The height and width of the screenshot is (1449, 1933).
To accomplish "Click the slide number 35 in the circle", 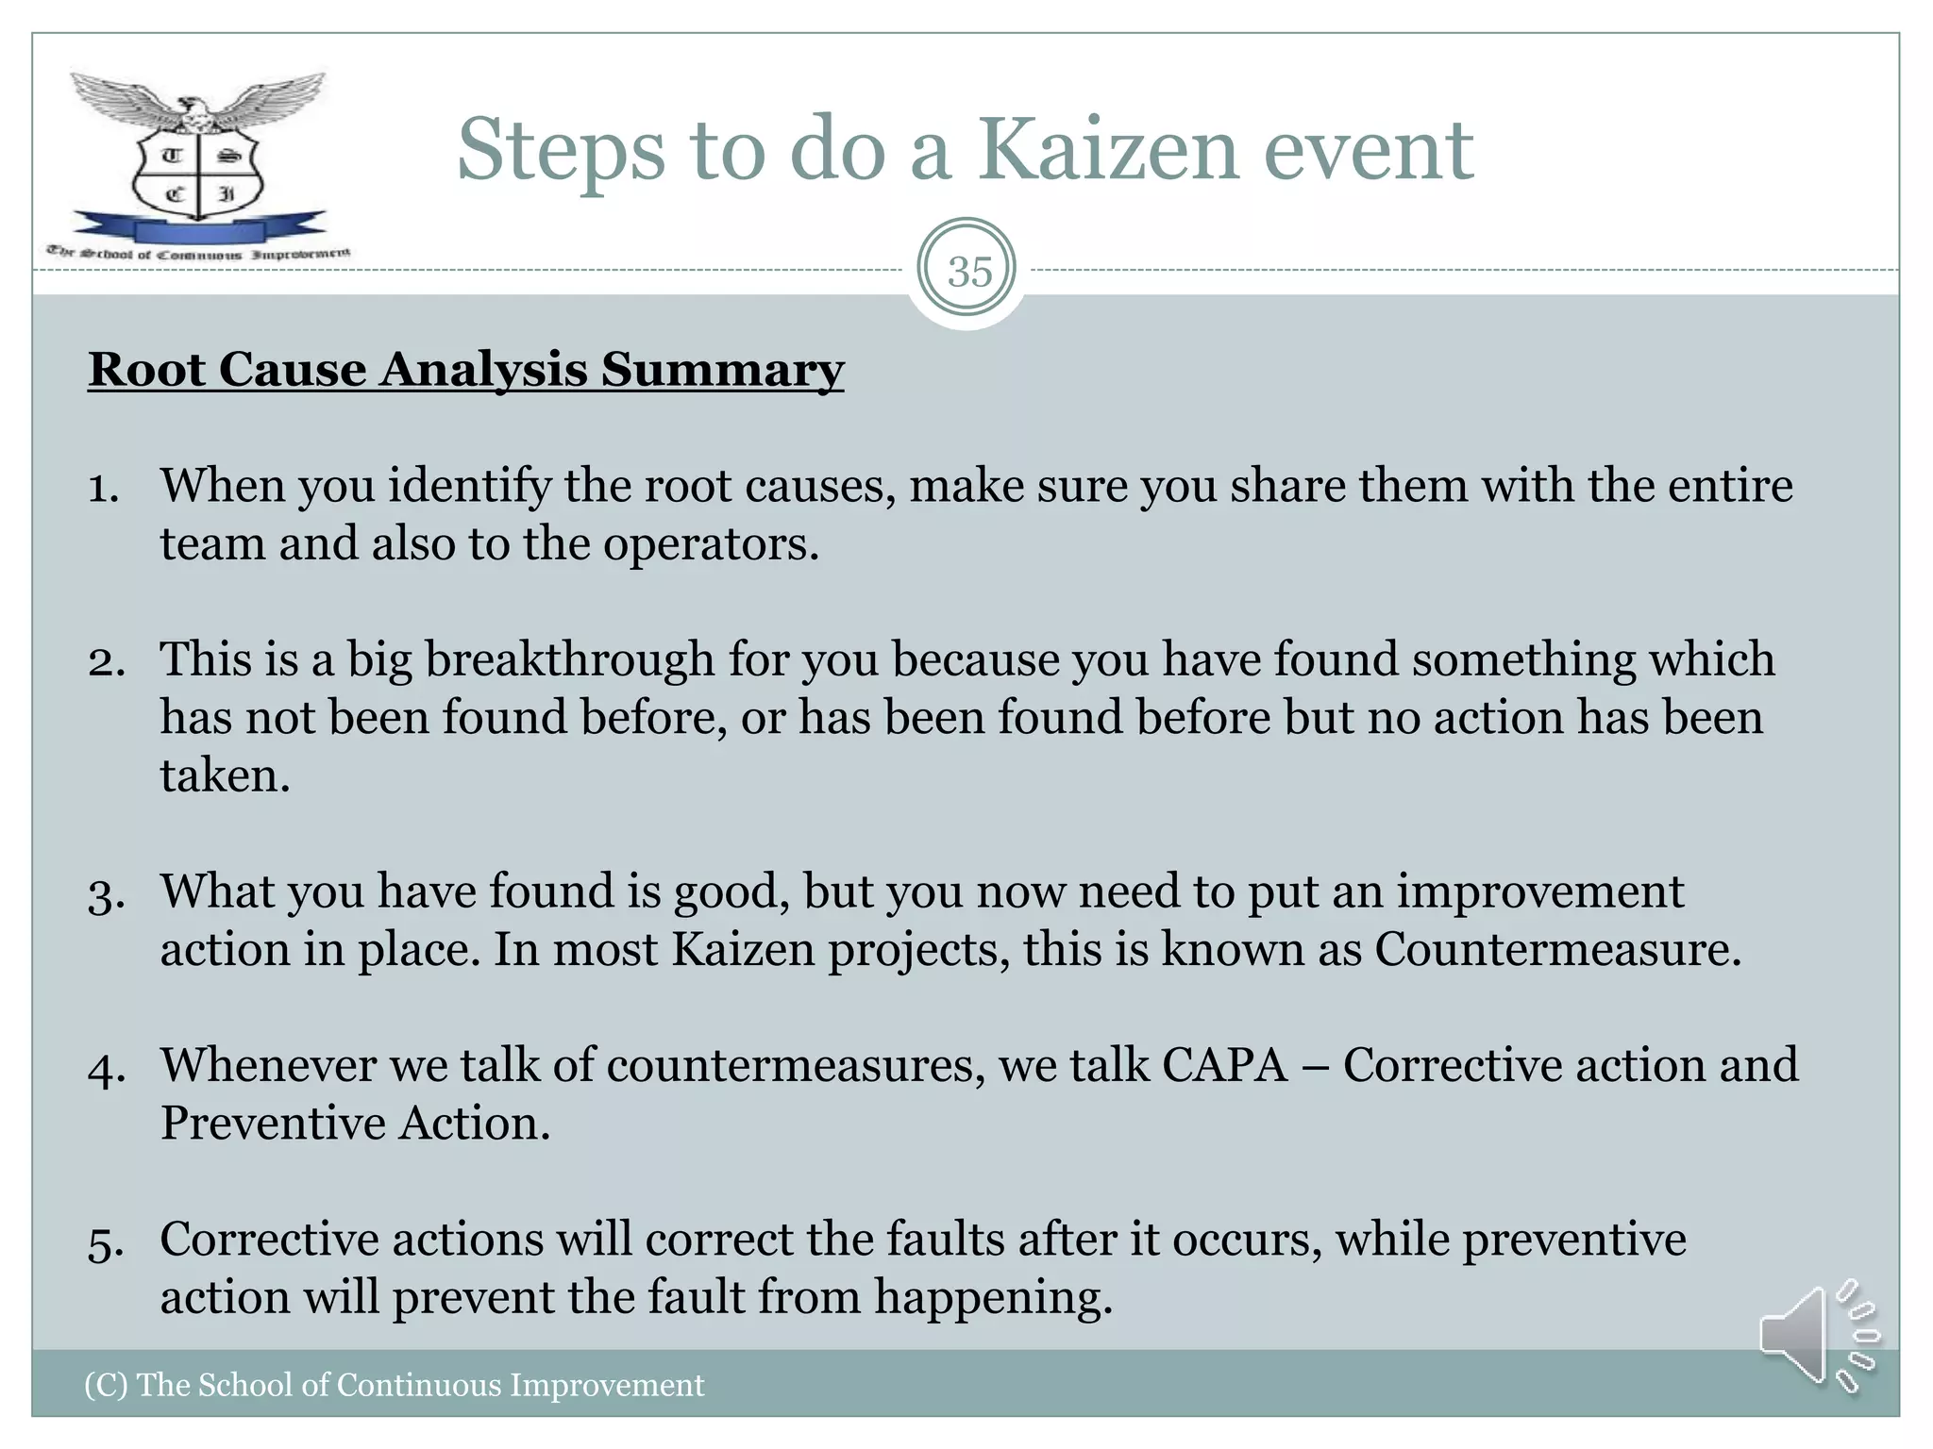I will pyautogui.click(x=969, y=272).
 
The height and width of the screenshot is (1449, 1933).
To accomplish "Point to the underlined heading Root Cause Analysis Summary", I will pyautogui.click(x=465, y=369).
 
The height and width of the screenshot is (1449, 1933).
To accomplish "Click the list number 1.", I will pyautogui.click(x=103, y=488).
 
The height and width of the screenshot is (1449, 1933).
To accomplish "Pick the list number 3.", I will pyautogui.click(x=106, y=894).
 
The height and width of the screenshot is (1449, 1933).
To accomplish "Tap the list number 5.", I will pyautogui.click(x=106, y=1242).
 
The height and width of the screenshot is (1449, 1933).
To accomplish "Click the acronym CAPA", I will pyautogui.click(x=1224, y=1065).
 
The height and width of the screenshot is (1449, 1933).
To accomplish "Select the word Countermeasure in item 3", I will pyautogui.click(x=1556, y=949).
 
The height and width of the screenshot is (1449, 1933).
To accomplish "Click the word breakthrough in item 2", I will pyautogui.click(x=569, y=659).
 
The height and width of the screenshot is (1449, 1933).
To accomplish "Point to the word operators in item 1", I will pyautogui.click(x=710, y=545).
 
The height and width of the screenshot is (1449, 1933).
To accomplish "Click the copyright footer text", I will pyautogui.click(x=395, y=1385).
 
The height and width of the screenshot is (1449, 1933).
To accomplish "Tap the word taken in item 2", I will pyautogui.click(x=225, y=775).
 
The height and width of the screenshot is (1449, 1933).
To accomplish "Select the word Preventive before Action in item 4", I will pyautogui.click(x=273, y=1124).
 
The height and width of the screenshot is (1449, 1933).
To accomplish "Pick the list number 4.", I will pyautogui.click(x=106, y=1069).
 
